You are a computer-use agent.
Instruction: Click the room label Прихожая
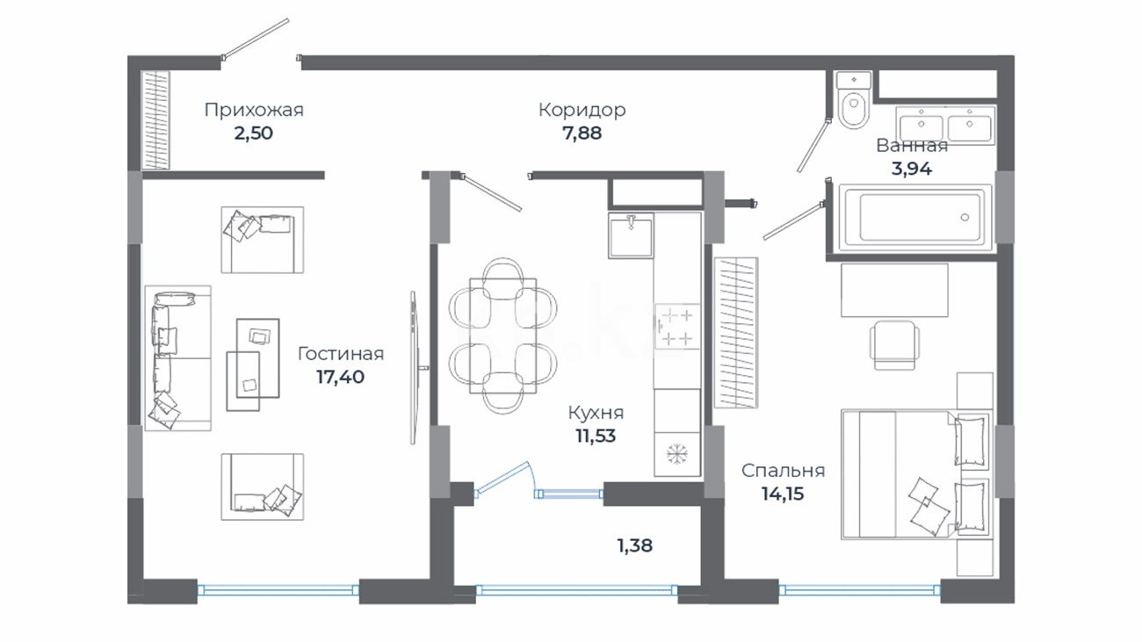[x=254, y=110]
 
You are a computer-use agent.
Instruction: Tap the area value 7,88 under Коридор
[x=582, y=133]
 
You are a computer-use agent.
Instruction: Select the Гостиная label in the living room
[x=341, y=354]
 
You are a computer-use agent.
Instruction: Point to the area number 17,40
[x=340, y=377]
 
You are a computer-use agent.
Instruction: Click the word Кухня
[x=596, y=412]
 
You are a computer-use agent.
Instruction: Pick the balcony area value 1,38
[x=635, y=545]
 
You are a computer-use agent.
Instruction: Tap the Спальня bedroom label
[x=783, y=470]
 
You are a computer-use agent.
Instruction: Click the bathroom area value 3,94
[x=912, y=169]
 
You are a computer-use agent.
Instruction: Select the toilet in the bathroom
[x=854, y=99]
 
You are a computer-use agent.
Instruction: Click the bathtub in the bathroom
[x=915, y=218]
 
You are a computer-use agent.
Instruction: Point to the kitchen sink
[x=631, y=235]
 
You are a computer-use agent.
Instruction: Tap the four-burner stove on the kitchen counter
[x=676, y=327]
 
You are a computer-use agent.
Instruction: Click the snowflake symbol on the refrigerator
[x=677, y=454]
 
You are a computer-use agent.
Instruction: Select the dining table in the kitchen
[x=502, y=335]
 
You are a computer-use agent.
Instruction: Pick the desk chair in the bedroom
[x=894, y=344]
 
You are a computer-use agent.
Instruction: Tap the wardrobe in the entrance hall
[x=155, y=120]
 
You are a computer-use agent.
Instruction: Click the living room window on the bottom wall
[x=278, y=590]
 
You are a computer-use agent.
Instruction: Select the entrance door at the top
[x=255, y=40]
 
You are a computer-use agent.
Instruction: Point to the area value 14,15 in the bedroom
[x=783, y=494]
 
